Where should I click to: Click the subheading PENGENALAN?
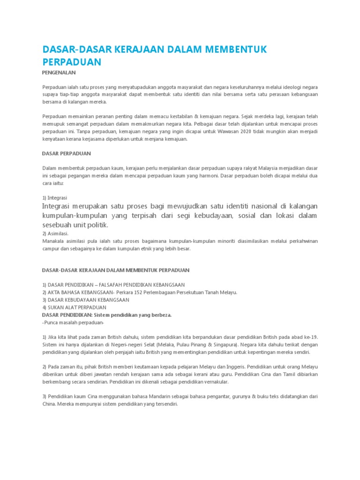click(59, 73)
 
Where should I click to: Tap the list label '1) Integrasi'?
click(54, 197)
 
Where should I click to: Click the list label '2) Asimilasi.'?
click(55, 233)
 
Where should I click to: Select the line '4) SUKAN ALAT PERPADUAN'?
click(74, 307)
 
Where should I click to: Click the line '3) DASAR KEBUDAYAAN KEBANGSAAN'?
click(86, 300)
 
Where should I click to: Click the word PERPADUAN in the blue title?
click(71, 62)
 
